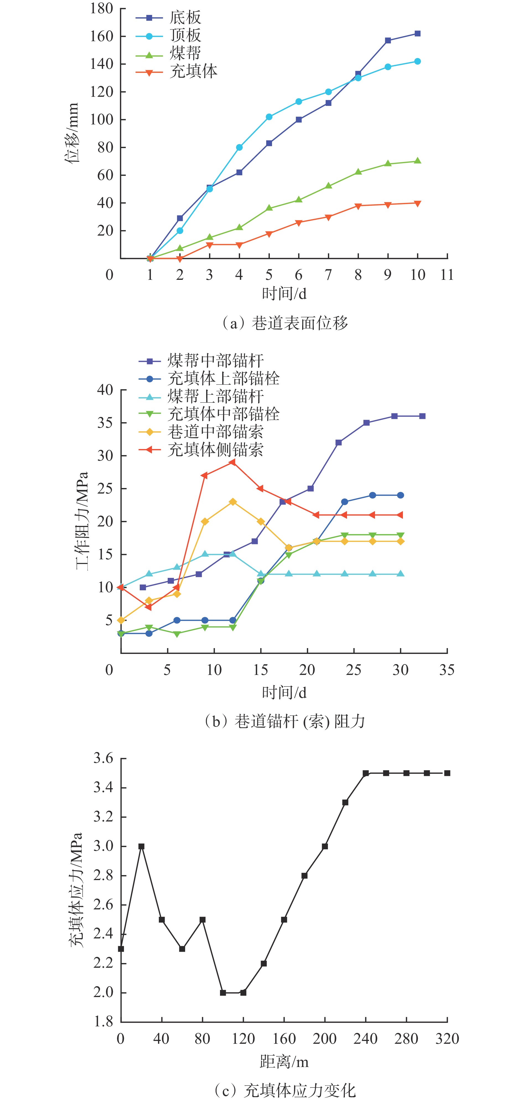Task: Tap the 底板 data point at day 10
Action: (417, 33)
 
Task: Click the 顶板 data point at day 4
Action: (239, 147)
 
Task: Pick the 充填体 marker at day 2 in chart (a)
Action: (180, 259)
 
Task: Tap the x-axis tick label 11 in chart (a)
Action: (447, 275)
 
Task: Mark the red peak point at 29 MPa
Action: (232, 462)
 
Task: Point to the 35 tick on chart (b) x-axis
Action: (447, 670)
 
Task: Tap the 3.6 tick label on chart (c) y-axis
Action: (103, 759)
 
